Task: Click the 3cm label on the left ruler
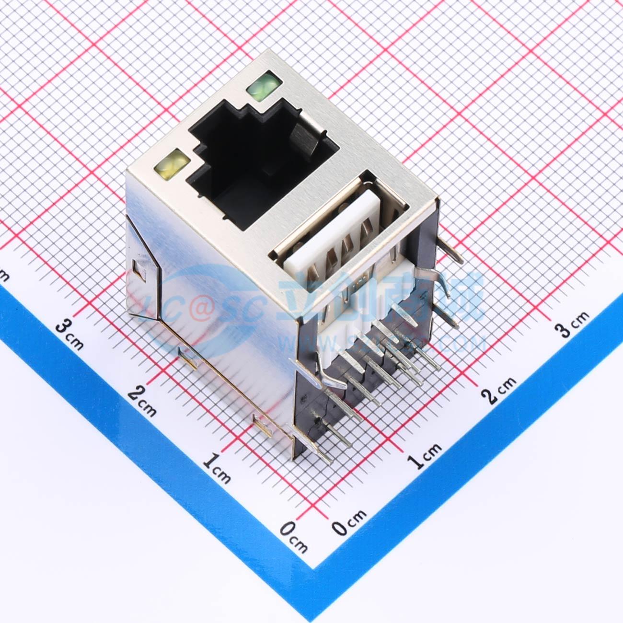coord(69,333)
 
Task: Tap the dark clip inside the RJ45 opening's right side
coord(302,137)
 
